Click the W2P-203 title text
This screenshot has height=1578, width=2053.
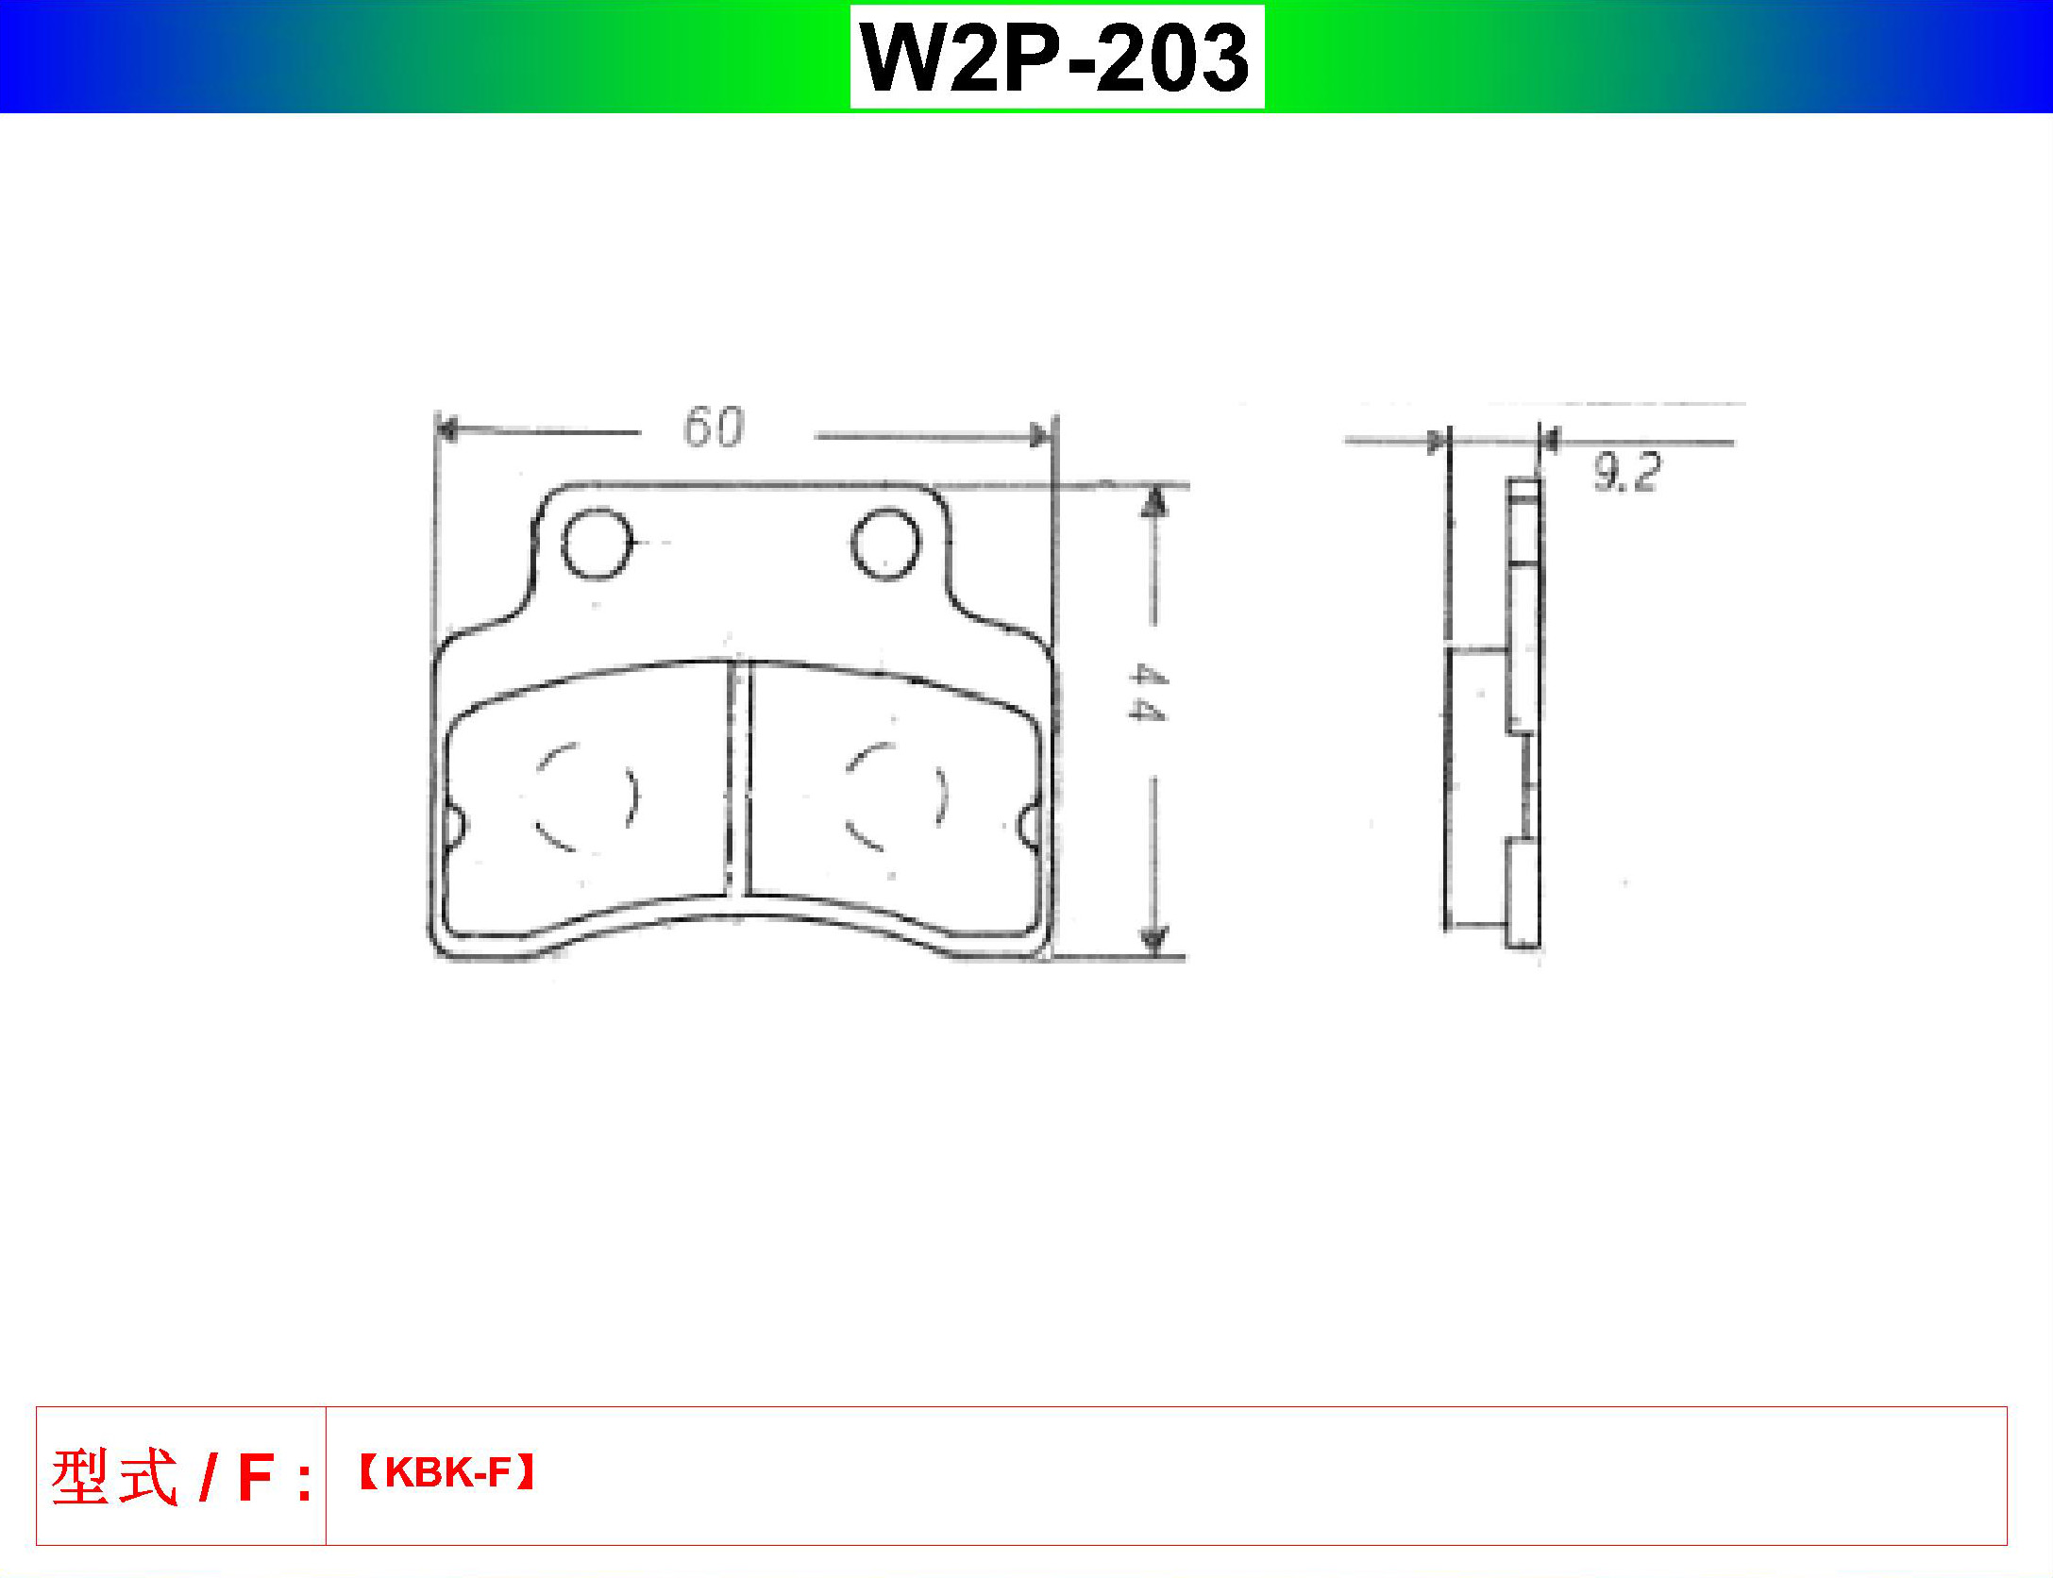pos(1056,58)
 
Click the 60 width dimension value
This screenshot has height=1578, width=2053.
pos(713,427)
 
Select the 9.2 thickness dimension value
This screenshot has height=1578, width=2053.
pos(1625,473)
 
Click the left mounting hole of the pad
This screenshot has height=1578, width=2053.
pos(596,544)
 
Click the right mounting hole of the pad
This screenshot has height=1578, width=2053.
pos(884,544)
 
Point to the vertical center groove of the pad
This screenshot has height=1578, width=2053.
pos(739,779)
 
